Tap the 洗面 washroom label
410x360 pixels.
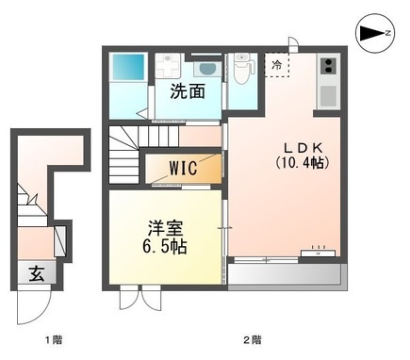pos(188,91)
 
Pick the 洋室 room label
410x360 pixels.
pos(162,227)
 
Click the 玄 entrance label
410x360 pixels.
pos(36,274)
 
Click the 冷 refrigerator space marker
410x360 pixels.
pos(277,66)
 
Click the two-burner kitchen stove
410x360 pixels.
pos(328,65)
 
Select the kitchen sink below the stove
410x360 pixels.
pos(328,95)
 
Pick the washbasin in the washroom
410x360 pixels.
pos(206,69)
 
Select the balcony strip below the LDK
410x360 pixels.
pos(283,274)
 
